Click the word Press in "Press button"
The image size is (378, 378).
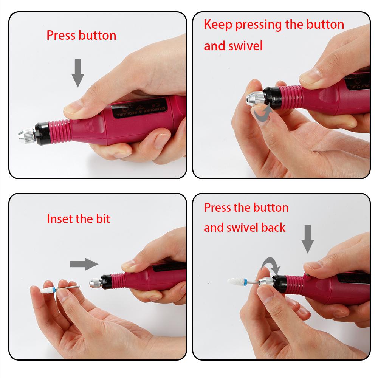(x=61, y=36)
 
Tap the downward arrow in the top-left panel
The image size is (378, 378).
(x=78, y=72)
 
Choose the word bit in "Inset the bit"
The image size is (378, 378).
(x=102, y=218)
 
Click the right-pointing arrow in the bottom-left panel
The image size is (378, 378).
(x=84, y=264)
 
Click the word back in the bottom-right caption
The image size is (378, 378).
(x=273, y=227)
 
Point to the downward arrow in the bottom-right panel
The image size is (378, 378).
(x=308, y=239)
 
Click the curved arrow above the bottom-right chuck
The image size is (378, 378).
(x=271, y=265)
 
